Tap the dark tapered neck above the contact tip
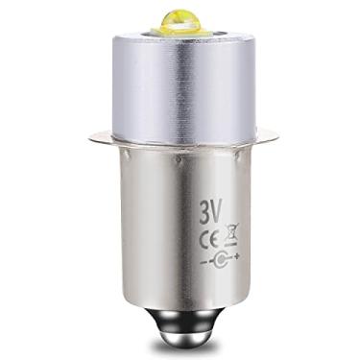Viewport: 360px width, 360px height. pyautogui.click(x=179, y=309)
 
